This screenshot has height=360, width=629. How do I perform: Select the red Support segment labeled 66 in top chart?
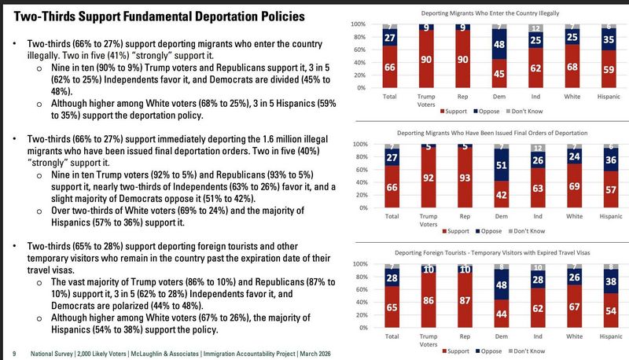point(390,69)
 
